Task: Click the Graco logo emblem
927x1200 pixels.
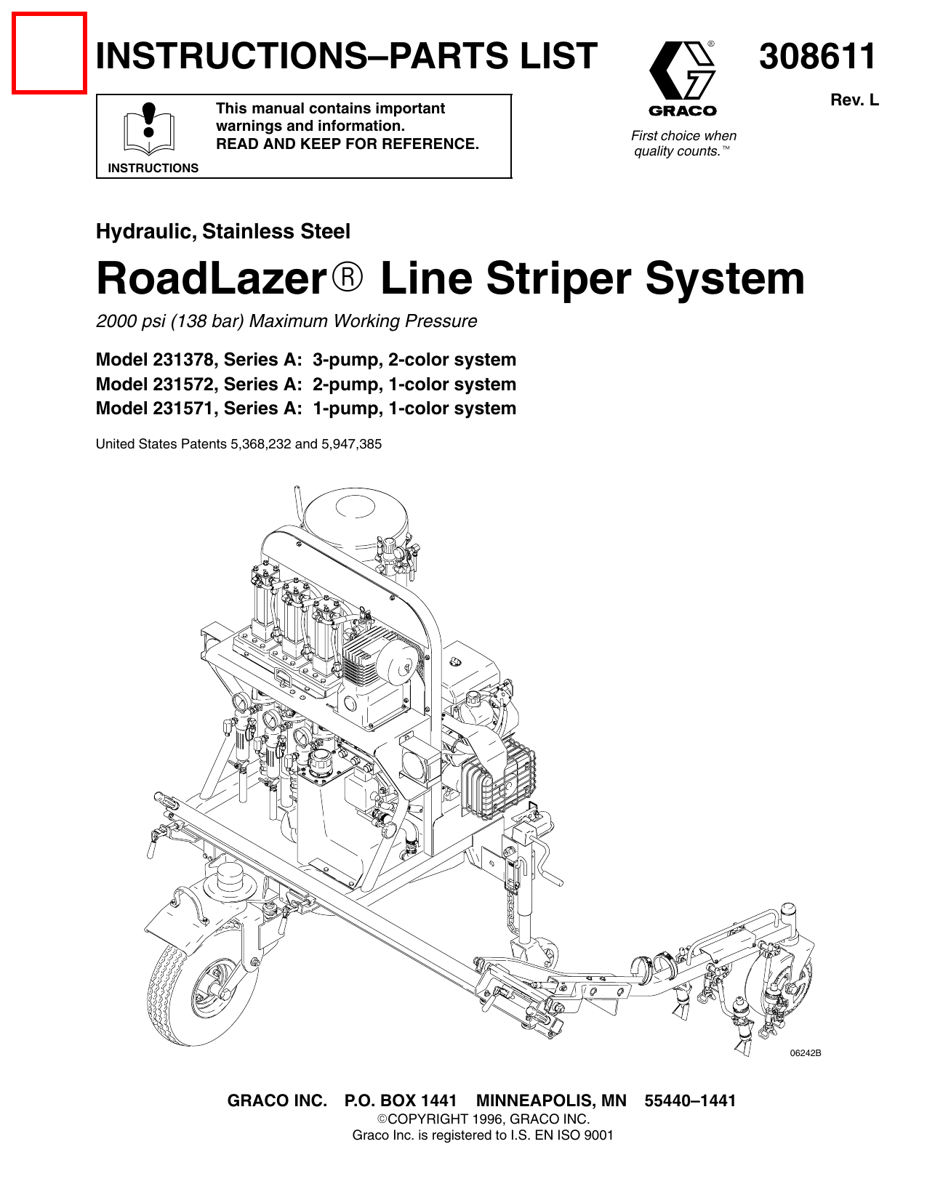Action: coord(682,71)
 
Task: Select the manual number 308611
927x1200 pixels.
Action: coord(818,56)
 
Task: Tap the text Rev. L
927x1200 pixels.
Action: coord(854,100)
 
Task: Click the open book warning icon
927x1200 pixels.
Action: coord(148,128)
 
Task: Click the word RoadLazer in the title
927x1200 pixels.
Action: coord(212,279)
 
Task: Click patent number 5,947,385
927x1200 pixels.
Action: coord(351,444)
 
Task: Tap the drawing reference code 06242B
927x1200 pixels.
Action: coord(806,1052)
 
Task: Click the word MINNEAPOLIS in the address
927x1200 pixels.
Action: coord(551,1100)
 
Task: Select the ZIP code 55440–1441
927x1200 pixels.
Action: coord(690,1100)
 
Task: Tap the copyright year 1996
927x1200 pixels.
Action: coord(486,1119)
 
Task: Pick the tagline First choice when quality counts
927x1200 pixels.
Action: coord(683,144)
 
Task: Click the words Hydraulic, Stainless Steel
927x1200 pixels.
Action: coord(222,231)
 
